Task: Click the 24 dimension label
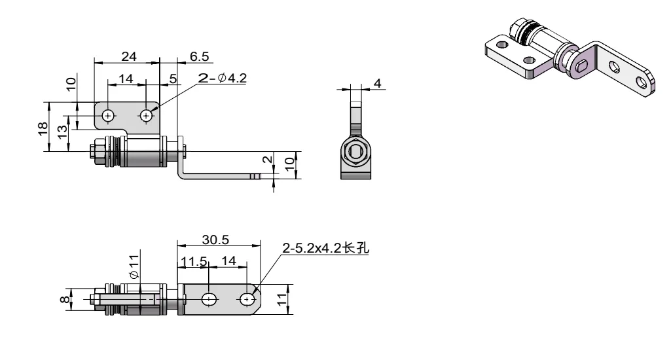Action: click(128, 57)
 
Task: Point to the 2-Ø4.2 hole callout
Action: click(223, 79)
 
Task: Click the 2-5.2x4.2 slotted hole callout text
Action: click(325, 249)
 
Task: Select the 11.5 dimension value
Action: click(194, 261)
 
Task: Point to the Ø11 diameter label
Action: click(134, 266)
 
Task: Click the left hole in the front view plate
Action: click(107, 115)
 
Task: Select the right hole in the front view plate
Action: click(146, 115)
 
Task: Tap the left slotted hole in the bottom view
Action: click(209, 300)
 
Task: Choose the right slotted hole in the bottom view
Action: click(247, 300)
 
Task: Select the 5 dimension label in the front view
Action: click(172, 79)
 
